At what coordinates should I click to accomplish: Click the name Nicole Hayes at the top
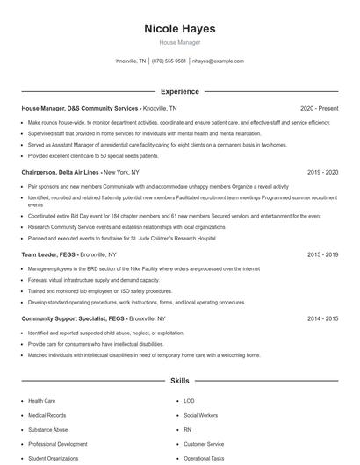179,29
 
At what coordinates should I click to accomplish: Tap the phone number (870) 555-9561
169,61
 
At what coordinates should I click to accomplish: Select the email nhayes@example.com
218,61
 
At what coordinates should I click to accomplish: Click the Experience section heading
179,91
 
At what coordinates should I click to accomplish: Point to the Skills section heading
179,382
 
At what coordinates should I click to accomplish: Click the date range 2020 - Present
319,108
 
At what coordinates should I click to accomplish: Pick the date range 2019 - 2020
322,173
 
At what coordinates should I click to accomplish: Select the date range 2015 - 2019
322,254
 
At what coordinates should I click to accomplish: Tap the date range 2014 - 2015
322,318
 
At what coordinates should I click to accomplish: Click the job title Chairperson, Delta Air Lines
61,173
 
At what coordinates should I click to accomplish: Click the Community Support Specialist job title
73,318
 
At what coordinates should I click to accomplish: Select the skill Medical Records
47,415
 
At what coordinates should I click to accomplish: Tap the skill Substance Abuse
48,430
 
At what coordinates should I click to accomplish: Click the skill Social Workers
201,415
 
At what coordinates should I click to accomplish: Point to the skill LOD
189,401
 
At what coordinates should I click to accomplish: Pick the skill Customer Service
203,444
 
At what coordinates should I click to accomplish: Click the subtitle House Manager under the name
179,42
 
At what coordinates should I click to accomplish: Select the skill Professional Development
57,444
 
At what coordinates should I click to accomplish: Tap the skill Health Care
41,401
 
